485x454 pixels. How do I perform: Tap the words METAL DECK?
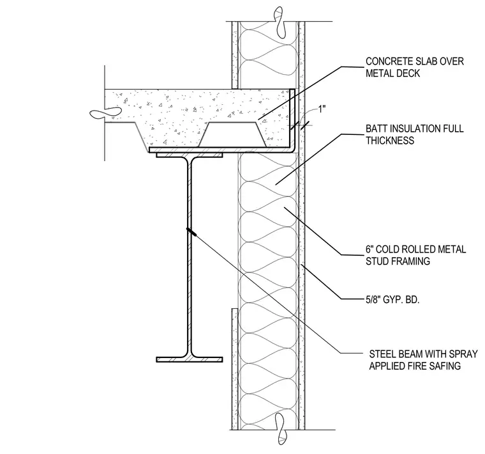[393, 74]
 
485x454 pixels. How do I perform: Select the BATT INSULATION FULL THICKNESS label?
[414, 134]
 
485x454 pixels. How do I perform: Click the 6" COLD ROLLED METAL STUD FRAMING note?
[415, 255]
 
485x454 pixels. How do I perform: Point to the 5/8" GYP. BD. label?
[392, 300]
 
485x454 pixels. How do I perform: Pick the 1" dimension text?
[323, 109]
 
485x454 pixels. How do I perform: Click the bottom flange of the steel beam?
[190, 359]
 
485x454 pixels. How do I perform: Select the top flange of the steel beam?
[190, 155]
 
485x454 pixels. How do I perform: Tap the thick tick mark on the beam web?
[192, 232]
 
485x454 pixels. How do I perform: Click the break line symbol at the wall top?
[280, 22]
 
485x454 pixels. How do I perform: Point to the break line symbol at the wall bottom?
[280, 428]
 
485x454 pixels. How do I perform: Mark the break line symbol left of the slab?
[106, 113]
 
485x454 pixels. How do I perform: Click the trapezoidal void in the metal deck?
[232, 134]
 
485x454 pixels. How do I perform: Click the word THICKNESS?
[390, 141]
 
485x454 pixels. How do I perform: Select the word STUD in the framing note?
[378, 262]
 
